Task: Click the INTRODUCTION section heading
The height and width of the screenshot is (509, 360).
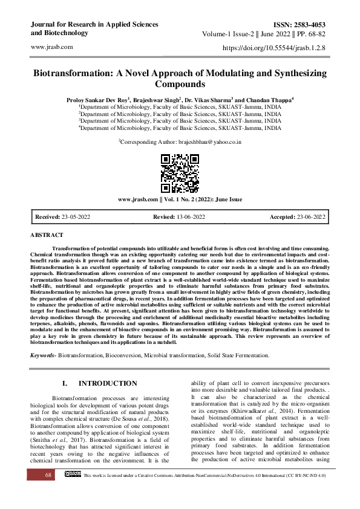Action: pos(108,383)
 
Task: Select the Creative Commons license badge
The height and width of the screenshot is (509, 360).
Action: pos(72,491)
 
